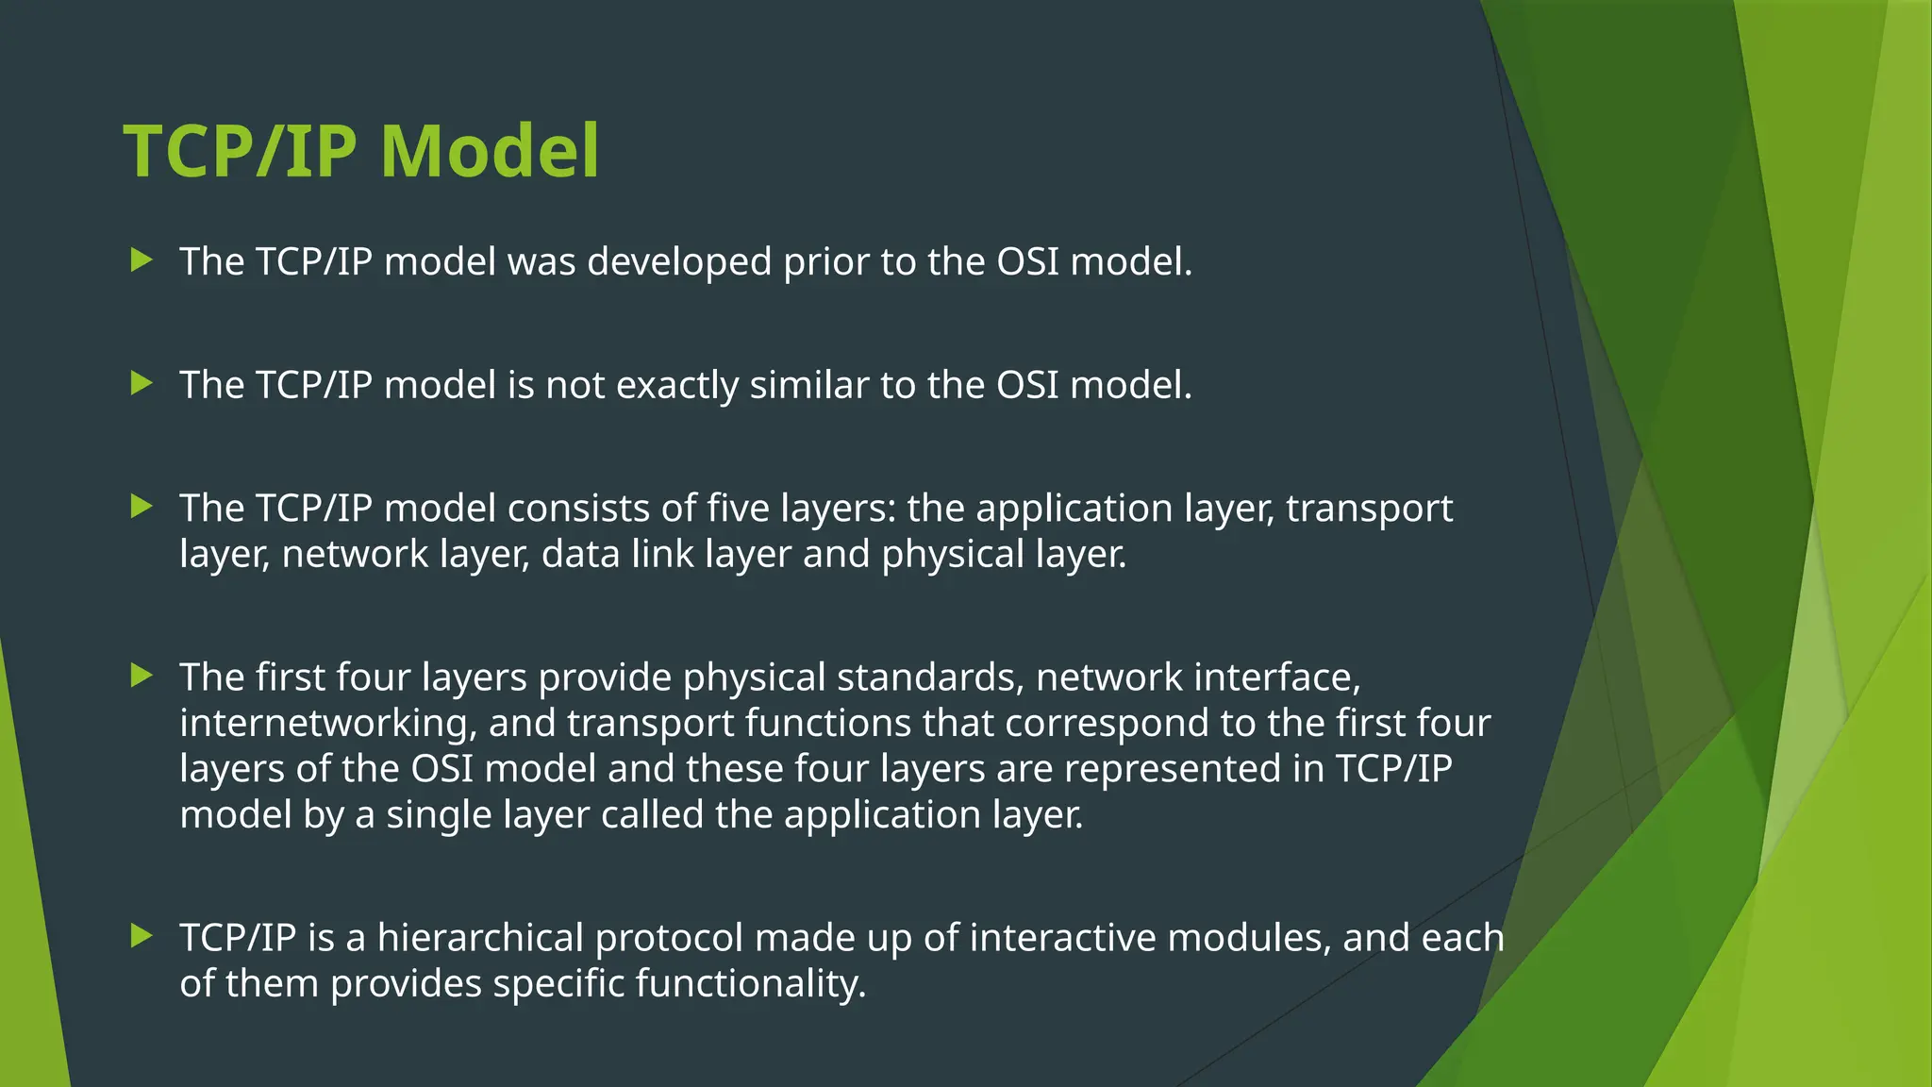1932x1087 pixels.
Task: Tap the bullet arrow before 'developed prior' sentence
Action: [x=142, y=260]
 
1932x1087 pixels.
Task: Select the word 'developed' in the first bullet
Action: [x=679, y=262]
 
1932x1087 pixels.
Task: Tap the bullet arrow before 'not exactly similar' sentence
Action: [x=142, y=384]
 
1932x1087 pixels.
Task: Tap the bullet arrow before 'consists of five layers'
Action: [x=142, y=508]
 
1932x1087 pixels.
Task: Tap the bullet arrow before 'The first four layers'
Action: [x=142, y=676]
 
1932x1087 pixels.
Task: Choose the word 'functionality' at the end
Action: [x=749, y=984]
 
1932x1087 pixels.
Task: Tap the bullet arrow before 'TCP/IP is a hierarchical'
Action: [x=142, y=936]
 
